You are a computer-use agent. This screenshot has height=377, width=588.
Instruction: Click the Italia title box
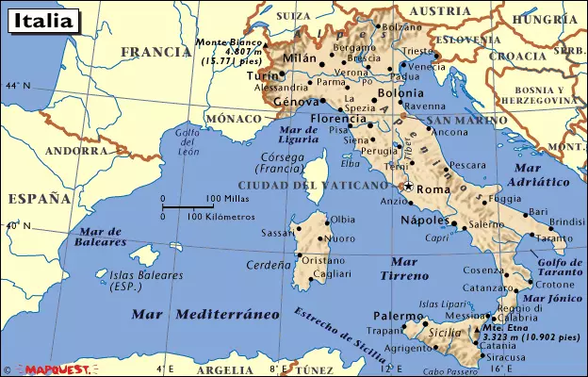pos(40,19)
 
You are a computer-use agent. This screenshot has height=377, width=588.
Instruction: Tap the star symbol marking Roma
pos(408,187)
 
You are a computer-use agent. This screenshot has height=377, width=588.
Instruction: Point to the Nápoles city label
pos(422,219)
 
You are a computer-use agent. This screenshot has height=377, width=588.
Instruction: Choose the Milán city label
pos(301,57)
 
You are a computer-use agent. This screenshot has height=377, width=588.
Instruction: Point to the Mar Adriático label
pos(538,173)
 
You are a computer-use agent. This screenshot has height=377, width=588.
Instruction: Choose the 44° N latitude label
pos(16,86)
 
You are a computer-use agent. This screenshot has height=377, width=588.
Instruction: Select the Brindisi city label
pos(567,221)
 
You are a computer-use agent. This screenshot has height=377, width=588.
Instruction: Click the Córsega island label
pos(282,162)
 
